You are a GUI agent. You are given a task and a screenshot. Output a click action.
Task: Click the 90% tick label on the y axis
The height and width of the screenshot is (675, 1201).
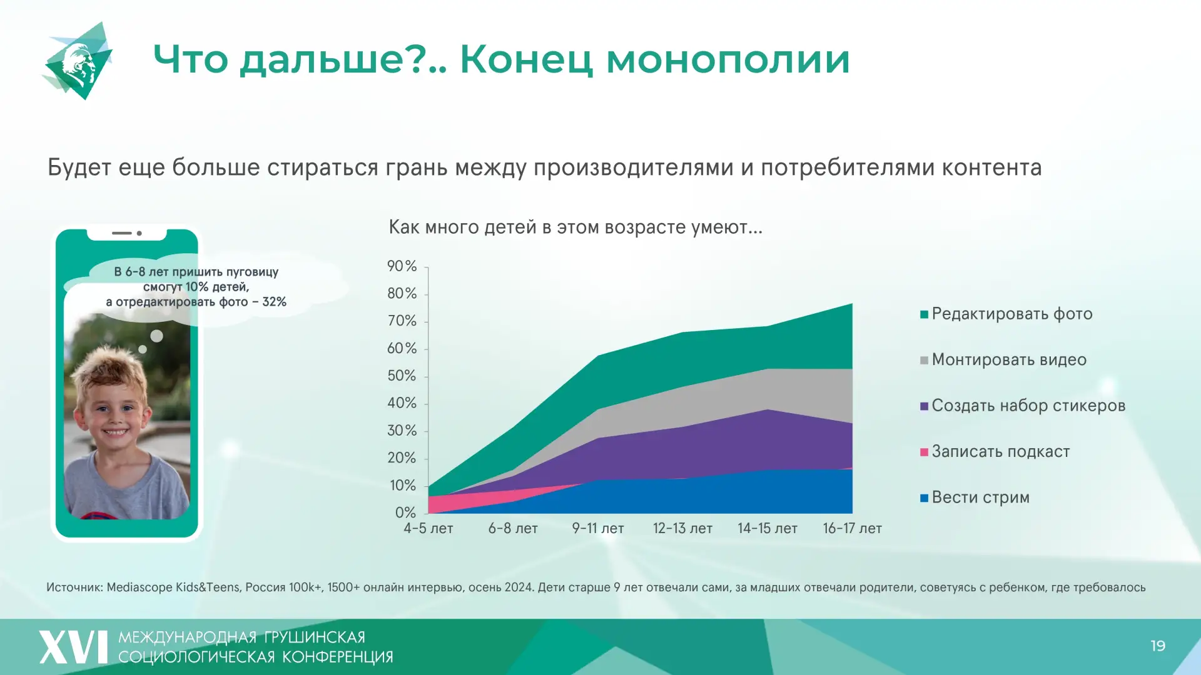[x=402, y=266]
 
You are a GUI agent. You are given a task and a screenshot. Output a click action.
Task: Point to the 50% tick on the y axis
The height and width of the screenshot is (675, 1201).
[x=402, y=376]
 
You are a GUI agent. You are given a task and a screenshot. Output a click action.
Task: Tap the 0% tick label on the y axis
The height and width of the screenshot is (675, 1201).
[x=405, y=513]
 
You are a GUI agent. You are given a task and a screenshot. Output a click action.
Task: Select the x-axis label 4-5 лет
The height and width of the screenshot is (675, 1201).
[x=428, y=529]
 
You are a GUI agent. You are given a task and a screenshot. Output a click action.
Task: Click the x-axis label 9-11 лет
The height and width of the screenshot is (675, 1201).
[x=598, y=529]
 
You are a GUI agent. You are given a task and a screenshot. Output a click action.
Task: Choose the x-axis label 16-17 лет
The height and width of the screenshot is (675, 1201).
[x=852, y=529]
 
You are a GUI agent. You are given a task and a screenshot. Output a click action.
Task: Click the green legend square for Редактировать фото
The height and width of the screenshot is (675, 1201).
[x=924, y=314]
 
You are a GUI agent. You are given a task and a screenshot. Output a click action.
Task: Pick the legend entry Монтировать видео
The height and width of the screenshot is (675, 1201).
[x=1008, y=360]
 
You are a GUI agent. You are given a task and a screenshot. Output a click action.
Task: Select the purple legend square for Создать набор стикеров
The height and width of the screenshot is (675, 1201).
[x=924, y=406]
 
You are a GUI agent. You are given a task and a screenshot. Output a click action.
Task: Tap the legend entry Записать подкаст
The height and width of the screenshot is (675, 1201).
[x=1000, y=451]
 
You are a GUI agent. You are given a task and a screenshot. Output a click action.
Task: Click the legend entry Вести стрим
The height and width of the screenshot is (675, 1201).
[x=980, y=497]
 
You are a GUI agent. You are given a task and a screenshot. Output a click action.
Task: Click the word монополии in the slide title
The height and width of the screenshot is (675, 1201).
[x=727, y=60]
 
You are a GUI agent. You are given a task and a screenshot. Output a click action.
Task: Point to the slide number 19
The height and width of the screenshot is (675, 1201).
[x=1158, y=646]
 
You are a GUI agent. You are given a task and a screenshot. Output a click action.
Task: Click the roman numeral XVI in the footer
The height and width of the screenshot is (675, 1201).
[x=73, y=647]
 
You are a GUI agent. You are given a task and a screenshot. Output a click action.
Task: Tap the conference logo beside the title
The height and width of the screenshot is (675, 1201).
[x=79, y=61]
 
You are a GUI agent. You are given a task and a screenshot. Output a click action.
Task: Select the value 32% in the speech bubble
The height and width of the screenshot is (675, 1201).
[x=274, y=302]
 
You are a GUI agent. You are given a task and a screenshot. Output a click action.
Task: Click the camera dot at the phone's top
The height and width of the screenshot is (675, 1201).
[x=139, y=233]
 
